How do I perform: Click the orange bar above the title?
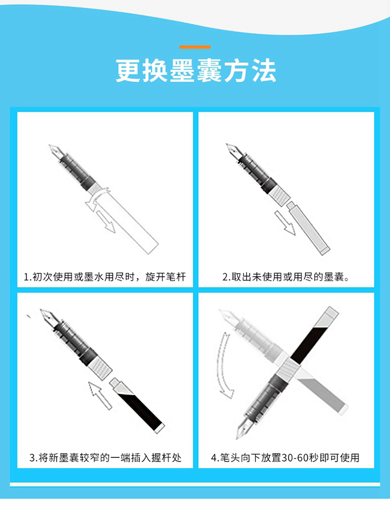(x=195, y=47)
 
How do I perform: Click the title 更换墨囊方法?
(x=196, y=71)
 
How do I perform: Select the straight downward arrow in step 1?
(x=106, y=221)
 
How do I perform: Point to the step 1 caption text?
(x=105, y=277)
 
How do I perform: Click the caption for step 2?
(x=285, y=277)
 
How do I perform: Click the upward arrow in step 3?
(x=100, y=396)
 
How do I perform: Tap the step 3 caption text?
(x=106, y=457)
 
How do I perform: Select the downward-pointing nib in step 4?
(x=243, y=428)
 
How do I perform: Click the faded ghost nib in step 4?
(x=228, y=317)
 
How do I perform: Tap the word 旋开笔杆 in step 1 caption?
(x=166, y=277)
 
